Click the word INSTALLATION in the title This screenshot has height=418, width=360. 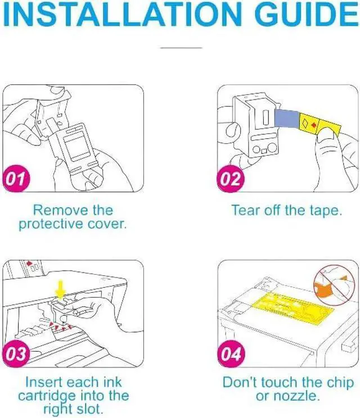[x=122, y=15]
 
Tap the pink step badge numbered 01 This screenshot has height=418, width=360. [x=16, y=178]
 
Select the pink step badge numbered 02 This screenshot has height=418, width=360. [x=231, y=178]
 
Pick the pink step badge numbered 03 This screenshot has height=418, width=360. [x=16, y=353]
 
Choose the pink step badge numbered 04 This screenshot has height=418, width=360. [x=231, y=353]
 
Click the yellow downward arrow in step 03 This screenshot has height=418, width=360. [x=61, y=290]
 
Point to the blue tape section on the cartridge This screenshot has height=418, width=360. [x=287, y=119]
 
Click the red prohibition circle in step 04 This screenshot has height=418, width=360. [x=334, y=285]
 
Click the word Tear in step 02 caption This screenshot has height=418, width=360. [x=245, y=210]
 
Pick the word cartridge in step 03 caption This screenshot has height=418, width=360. [x=47, y=396]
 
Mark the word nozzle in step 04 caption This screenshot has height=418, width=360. [x=298, y=396]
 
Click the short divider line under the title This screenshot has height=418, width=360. [x=181, y=48]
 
